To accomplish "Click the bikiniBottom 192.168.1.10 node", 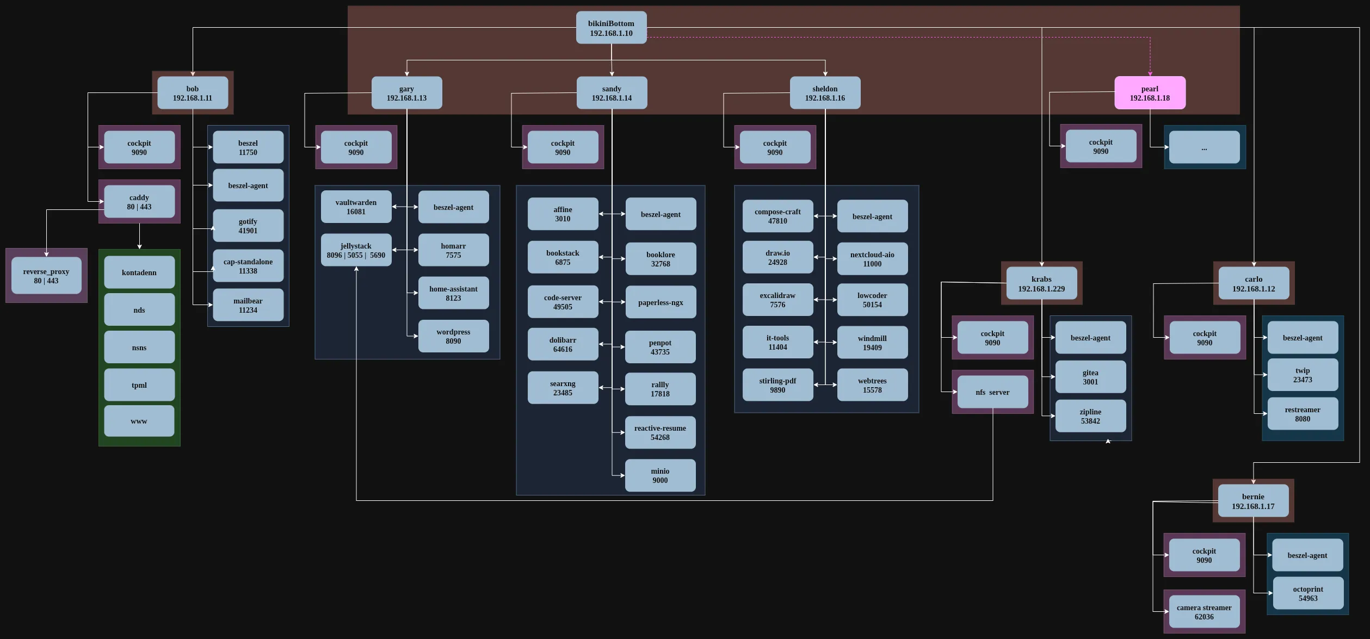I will click(x=611, y=28).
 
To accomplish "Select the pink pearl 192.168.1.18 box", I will click(x=1150, y=93).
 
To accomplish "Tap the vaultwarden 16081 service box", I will click(x=356, y=207).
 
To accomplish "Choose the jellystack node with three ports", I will click(x=356, y=250).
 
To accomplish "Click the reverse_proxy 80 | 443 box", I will click(x=46, y=276).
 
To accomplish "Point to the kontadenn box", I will click(x=139, y=272).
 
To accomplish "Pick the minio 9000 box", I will click(x=660, y=475).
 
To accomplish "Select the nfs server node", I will click(x=992, y=392).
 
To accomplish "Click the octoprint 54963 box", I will click(x=1308, y=593).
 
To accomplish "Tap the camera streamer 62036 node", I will click(x=1204, y=612).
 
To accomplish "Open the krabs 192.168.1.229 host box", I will click(x=1041, y=283).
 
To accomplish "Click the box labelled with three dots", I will click(x=1204, y=147).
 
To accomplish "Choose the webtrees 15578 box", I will click(x=872, y=385).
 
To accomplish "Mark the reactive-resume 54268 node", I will click(x=660, y=432).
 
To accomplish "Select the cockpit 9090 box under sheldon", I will click(x=775, y=147).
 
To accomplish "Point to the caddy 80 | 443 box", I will click(x=139, y=202).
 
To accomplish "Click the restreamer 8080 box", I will click(x=1303, y=414).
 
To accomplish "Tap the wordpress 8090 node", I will click(x=453, y=336).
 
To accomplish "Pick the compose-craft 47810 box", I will click(x=777, y=216).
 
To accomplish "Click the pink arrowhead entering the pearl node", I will click(x=1150, y=73).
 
